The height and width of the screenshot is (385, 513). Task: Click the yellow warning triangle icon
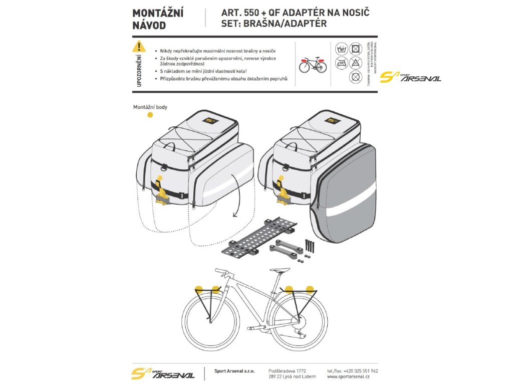point(138,47)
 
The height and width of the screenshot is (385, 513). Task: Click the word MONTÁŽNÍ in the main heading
point(158,13)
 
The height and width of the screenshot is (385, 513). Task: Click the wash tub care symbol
point(341,49)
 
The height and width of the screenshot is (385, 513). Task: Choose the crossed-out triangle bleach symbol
point(355,63)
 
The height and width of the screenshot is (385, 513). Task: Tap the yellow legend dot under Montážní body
point(150,115)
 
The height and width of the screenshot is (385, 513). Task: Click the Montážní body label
point(150,107)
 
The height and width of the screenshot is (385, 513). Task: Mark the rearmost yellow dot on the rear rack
point(310,289)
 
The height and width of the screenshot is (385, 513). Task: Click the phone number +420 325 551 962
point(360,370)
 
